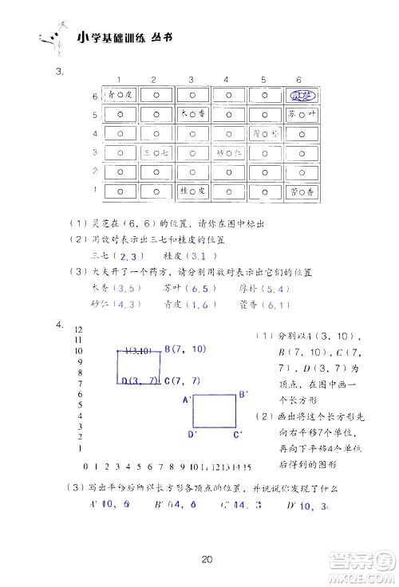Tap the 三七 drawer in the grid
pos(155,152)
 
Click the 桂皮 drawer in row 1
pos(192,191)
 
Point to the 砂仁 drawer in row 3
pos(228,152)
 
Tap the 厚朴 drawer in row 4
pos(264,133)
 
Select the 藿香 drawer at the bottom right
pos(302,191)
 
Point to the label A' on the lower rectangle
pos(188,399)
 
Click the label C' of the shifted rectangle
pos(237,435)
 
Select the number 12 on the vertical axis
pos(79,329)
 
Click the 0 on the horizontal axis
pos(85,466)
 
